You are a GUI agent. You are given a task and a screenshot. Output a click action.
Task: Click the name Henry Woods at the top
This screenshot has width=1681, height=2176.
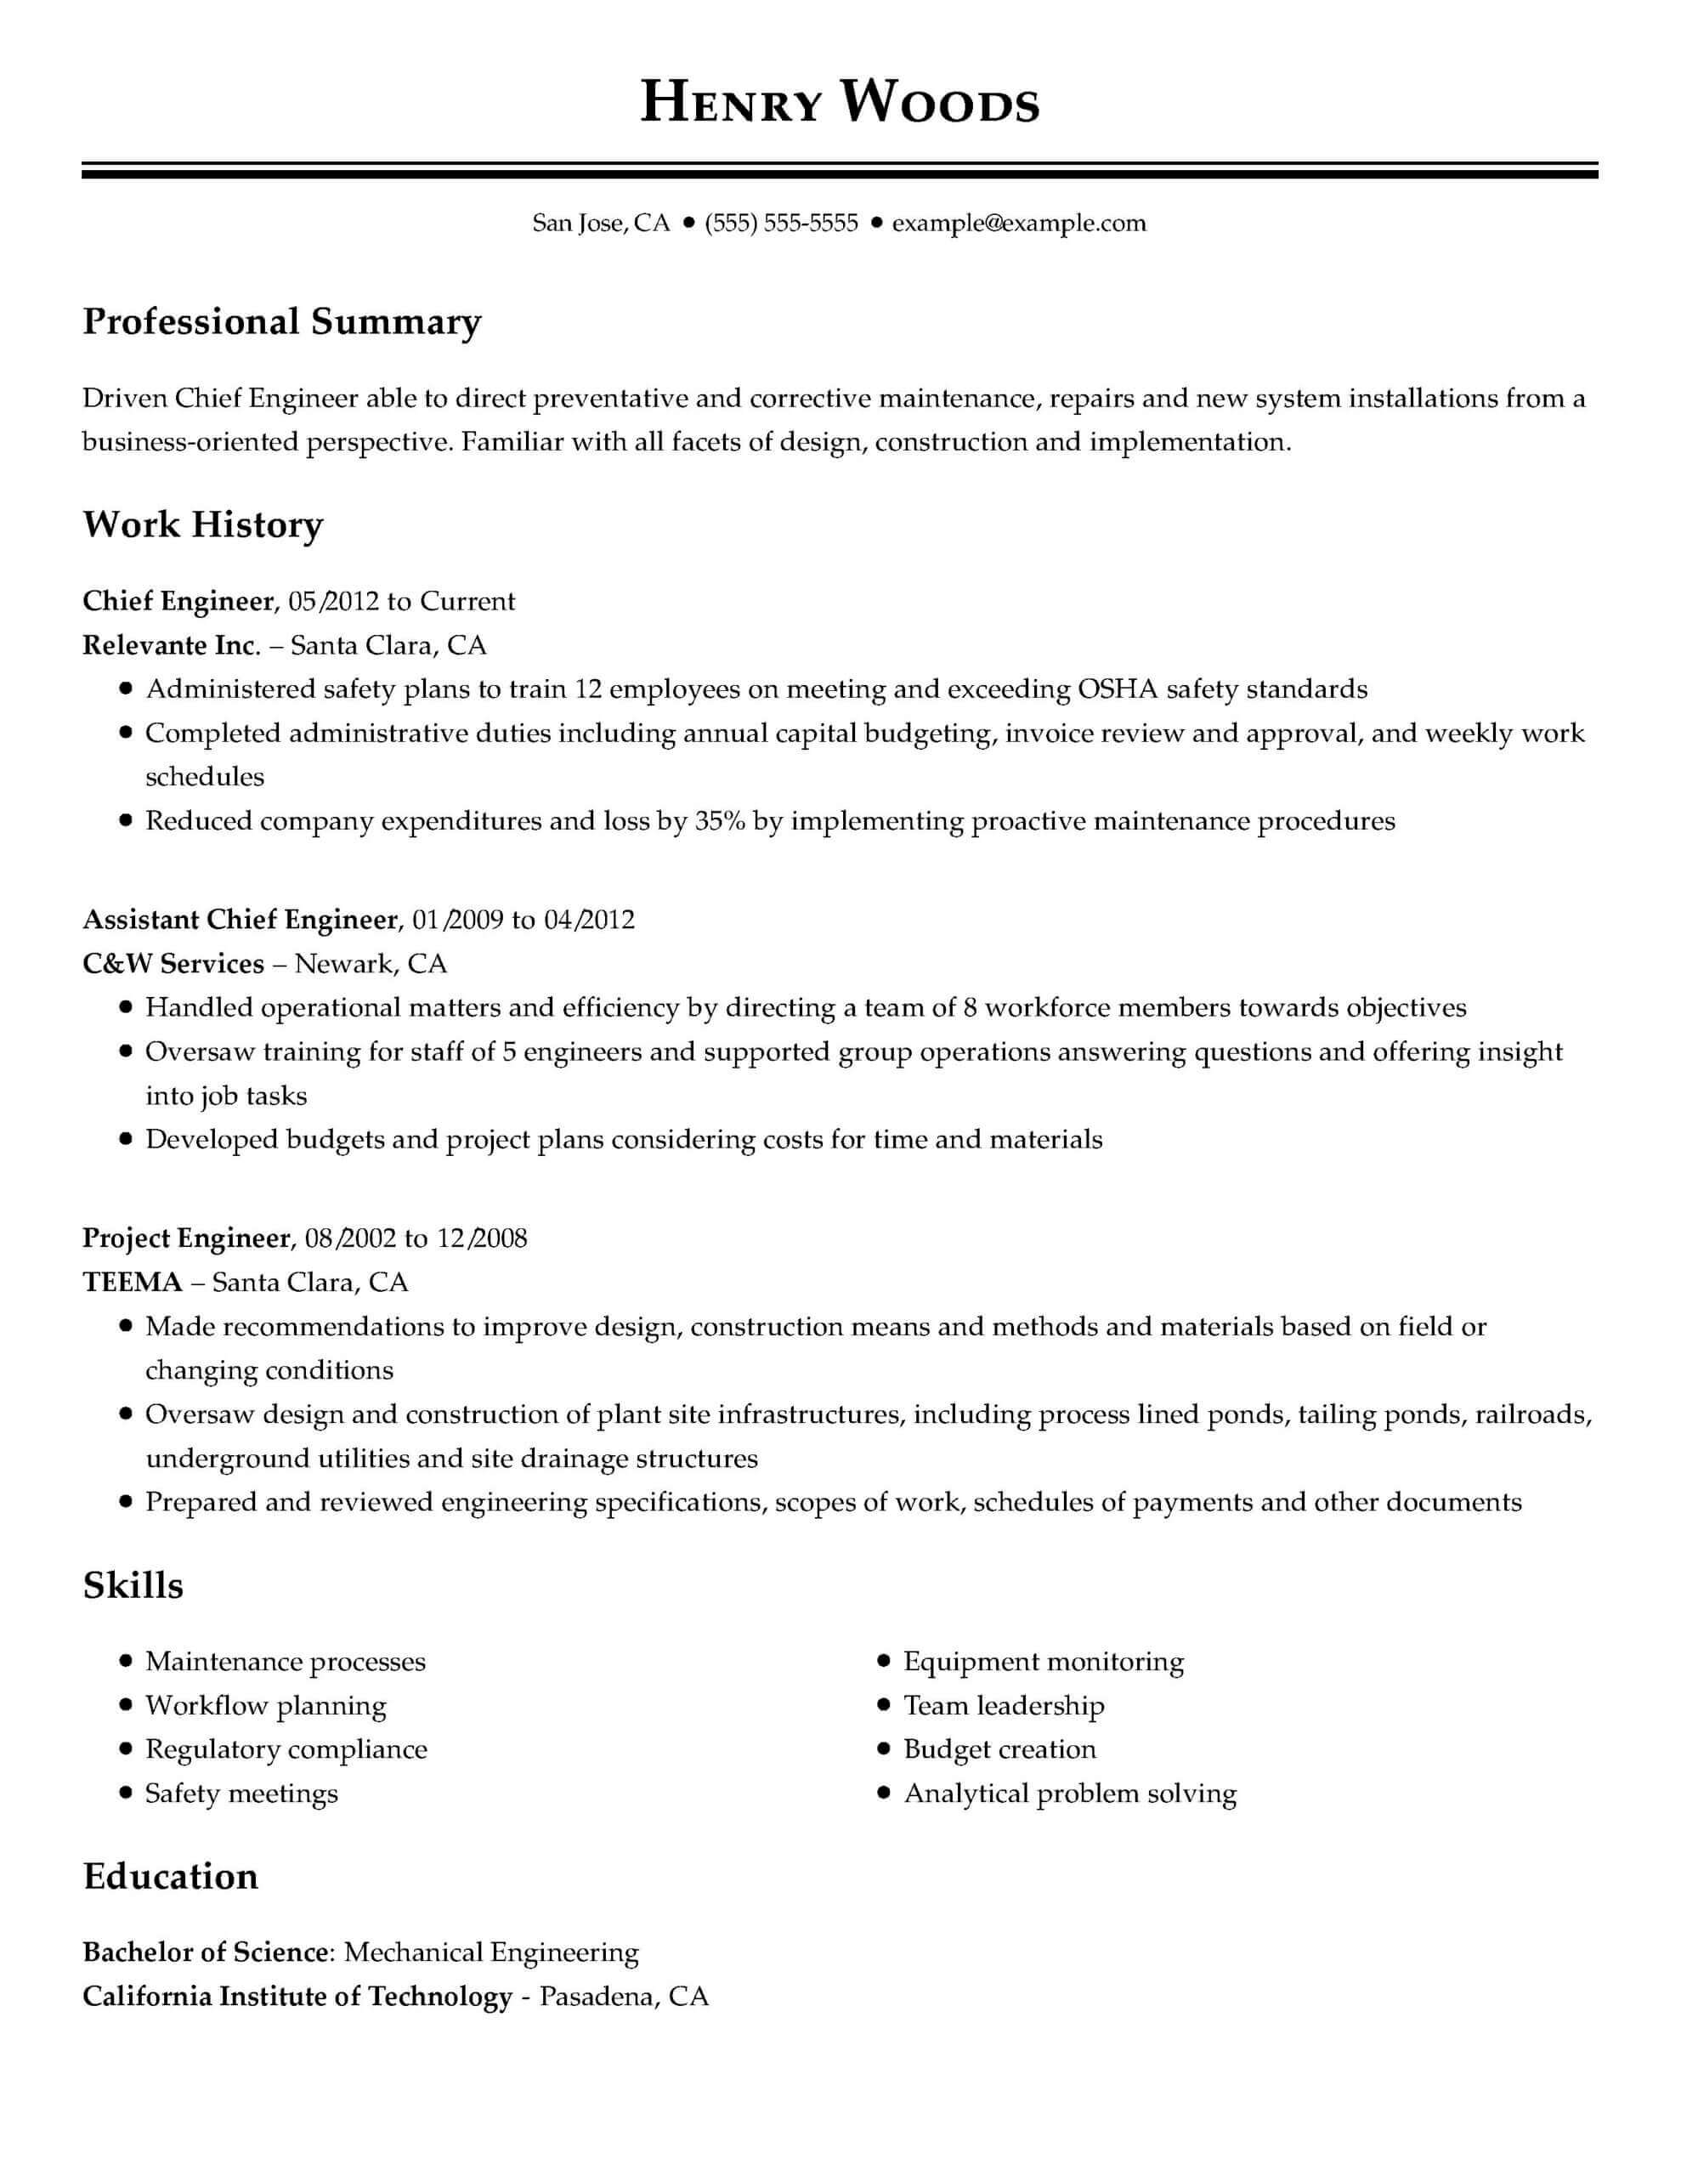(839, 104)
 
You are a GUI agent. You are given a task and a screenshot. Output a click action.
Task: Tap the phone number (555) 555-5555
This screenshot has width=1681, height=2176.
(780, 224)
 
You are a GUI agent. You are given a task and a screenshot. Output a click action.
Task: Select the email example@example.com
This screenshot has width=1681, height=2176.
(1018, 224)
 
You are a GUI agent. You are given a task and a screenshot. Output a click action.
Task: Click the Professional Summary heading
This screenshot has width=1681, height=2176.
(282, 322)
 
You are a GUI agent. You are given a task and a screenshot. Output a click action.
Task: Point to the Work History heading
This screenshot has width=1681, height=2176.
(203, 525)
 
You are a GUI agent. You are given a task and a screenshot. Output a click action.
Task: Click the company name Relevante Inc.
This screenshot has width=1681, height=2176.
(170, 646)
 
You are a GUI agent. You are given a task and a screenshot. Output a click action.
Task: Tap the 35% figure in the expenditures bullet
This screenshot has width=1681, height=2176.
(720, 821)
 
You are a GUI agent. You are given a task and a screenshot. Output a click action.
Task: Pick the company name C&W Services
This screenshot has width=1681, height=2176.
(173, 963)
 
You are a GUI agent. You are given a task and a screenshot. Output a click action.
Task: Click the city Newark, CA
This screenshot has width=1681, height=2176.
(371, 963)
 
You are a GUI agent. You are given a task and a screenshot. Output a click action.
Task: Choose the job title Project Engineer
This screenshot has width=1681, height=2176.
(186, 1238)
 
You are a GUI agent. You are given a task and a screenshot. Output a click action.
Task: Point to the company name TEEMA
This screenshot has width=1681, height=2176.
(133, 1283)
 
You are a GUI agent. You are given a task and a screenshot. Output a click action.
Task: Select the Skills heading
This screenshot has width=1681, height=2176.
(133, 1585)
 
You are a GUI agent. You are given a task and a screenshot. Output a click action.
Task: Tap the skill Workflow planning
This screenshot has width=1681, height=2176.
(266, 1706)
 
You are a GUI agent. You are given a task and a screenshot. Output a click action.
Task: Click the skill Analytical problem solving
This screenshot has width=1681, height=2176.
(1069, 1793)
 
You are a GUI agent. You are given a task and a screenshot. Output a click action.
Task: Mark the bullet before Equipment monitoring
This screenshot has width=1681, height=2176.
(883, 1661)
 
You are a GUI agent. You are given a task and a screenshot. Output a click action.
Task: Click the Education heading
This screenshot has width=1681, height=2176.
(170, 1877)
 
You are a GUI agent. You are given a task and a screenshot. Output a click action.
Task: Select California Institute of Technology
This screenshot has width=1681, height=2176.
(297, 1996)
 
